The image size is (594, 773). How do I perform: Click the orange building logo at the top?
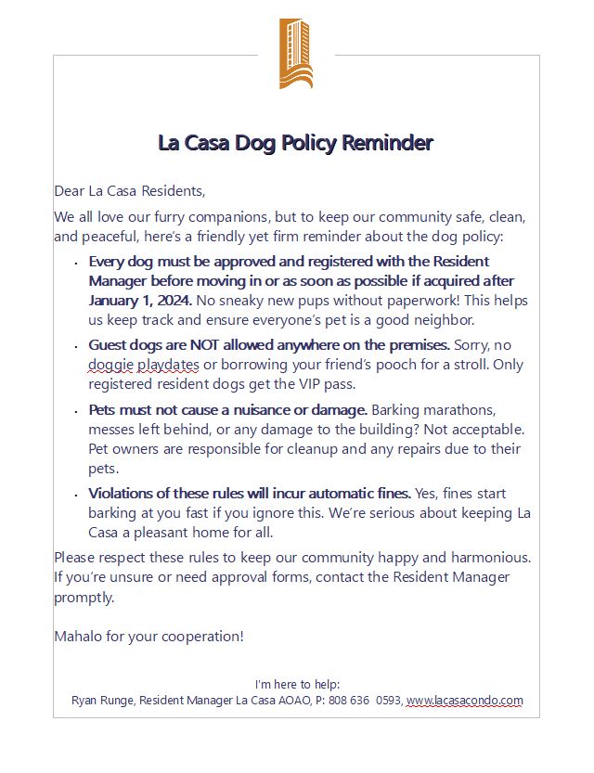pyautogui.click(x=295, y=53)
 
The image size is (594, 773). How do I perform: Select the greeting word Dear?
pyautogui.click(x=69, y=191)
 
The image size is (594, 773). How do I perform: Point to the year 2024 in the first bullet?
pyautogui.click(x=174, y=301)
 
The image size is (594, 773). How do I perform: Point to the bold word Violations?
pyautogui.click(x=123, y=493)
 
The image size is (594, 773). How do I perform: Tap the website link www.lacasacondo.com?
pyautogui.click(x=464, y=701)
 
